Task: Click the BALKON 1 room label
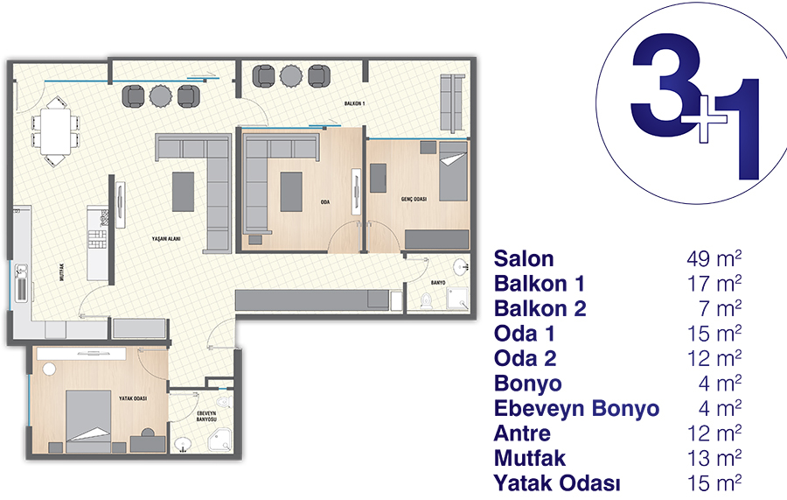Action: pyautogui.click(x=354, y=103)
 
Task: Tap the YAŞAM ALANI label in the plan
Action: pyautogui.click(x=166, y=239)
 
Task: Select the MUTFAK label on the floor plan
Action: pyautogui.click(x=62, y=271)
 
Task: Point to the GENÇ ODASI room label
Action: pyautogui.click(x=414, y=199)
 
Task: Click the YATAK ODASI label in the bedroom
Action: pyautogui.click(x=133, y=398)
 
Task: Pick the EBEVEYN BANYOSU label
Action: pyautogui.click(x=206, y=416)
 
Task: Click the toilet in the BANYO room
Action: pyautogui.click(x=426, y=300)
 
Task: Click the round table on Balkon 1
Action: pyautogui.click(x=290, y=76)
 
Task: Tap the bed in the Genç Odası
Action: pyautogui.click(x=453, y=172)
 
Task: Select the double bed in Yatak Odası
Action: pyautogui.click(x=88, y=421)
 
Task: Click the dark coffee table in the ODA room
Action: pyautogui.click(x=291, y=192)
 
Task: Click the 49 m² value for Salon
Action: pyautogui.click(x=714, y=258)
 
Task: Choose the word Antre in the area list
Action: pyautogui.click(x=522, y=433)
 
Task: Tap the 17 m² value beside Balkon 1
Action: pyautogui.click(x=714, y=284)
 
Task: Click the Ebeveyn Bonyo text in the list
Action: pyautogui.click(x=576, y=409)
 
